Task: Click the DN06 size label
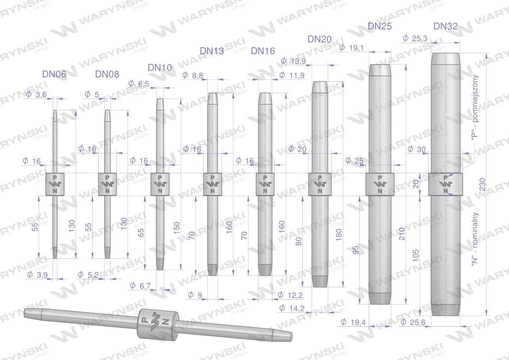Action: [x=54, y=74]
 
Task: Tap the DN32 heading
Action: [x=445, y=26]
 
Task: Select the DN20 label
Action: [x=319, y=39]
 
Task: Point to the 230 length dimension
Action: [x=483, y=184]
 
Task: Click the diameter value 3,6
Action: [x=36, y=94]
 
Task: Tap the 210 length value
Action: [x=402, y=234]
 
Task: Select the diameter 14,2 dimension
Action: [x=291, y=308]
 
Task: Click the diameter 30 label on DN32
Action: [x=416, y=149]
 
